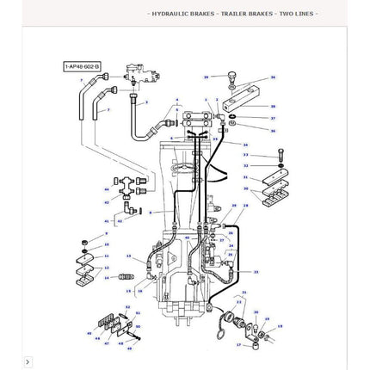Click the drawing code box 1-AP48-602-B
(x=82, y=65)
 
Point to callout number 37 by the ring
(x=273, y=118)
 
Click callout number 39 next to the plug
(x=207, y=77)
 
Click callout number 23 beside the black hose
(x=256, y=271)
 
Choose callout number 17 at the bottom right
(x=238, y=344)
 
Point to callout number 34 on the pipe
(x=245, y=145)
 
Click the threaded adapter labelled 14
(x=126, y=277)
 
